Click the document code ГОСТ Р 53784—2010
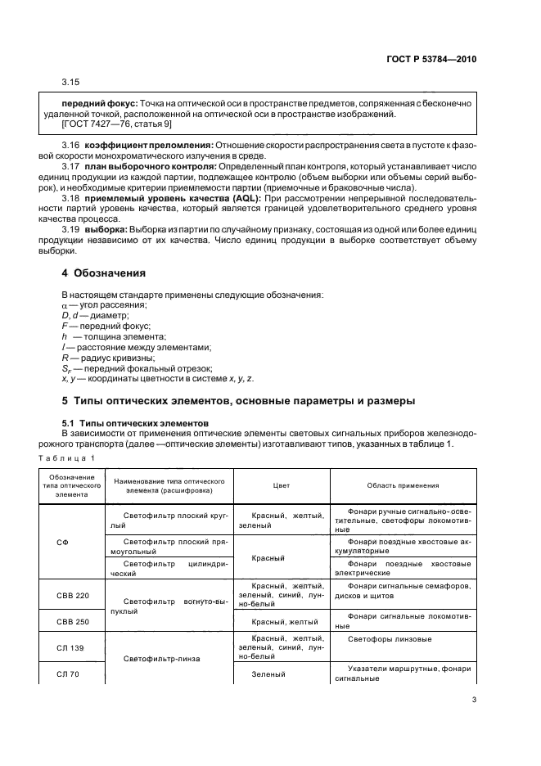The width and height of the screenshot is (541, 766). tap(431, 60)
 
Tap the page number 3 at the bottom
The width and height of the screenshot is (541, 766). tap(473, 699)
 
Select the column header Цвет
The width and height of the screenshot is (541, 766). tap(280, 485)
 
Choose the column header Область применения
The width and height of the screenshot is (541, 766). tap(401, 485)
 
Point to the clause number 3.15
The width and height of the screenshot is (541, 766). tap(71, 83)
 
